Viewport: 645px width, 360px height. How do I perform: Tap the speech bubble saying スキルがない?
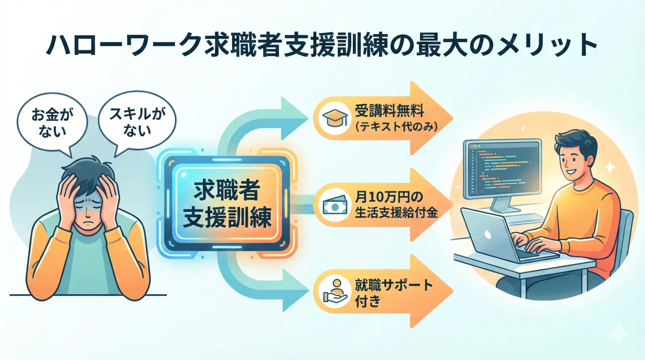[137, 121]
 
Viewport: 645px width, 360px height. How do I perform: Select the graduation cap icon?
[335, 118]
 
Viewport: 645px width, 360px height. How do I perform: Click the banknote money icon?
[335, 205]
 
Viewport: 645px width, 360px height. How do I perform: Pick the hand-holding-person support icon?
[335, 291]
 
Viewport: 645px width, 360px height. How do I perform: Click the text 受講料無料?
[389, 110]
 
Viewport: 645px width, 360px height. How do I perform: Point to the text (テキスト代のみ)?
[396, 127]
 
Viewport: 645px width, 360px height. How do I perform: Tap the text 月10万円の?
[389, 197]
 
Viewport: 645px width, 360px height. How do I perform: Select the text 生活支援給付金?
[396, 213]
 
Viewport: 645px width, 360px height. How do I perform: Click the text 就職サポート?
[394, 285]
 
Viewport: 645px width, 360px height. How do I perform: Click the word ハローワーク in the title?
[124, 45]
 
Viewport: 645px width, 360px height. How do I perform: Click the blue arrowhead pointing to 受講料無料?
[293, 118]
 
